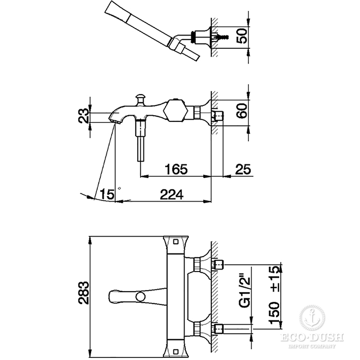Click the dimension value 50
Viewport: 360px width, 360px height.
click(x=242, y=35)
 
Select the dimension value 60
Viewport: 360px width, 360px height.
click(x=242, y=111)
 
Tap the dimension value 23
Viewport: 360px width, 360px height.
click(x=84, y=116)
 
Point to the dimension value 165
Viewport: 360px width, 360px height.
click(x=176, y=169)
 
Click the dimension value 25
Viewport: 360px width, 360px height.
click(x=243, y=169)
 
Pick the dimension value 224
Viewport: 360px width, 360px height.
click(x=172, y=194)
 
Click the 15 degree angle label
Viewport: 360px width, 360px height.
click(x=106, y=194)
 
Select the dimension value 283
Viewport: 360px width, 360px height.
click(x=84, y=293)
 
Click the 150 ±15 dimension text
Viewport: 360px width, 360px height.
click(x=275, y=295)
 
